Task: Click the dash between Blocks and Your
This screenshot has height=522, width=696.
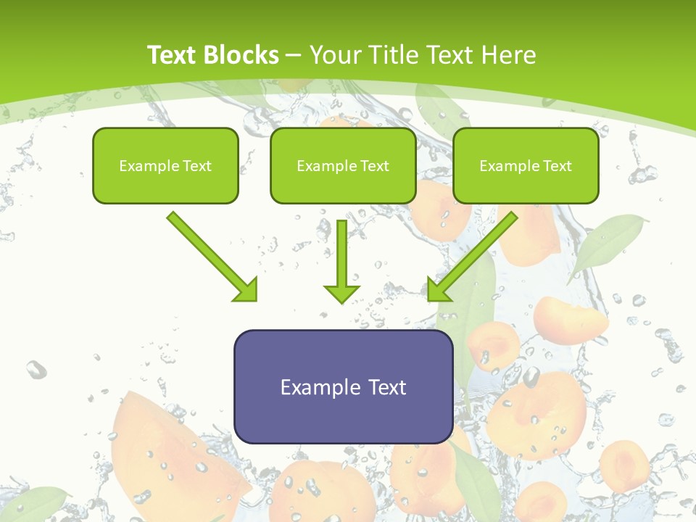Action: [x=294, y=56]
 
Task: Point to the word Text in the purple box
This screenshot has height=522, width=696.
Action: [x=386, y=387]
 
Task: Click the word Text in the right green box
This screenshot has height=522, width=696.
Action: [x=558, y=166]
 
